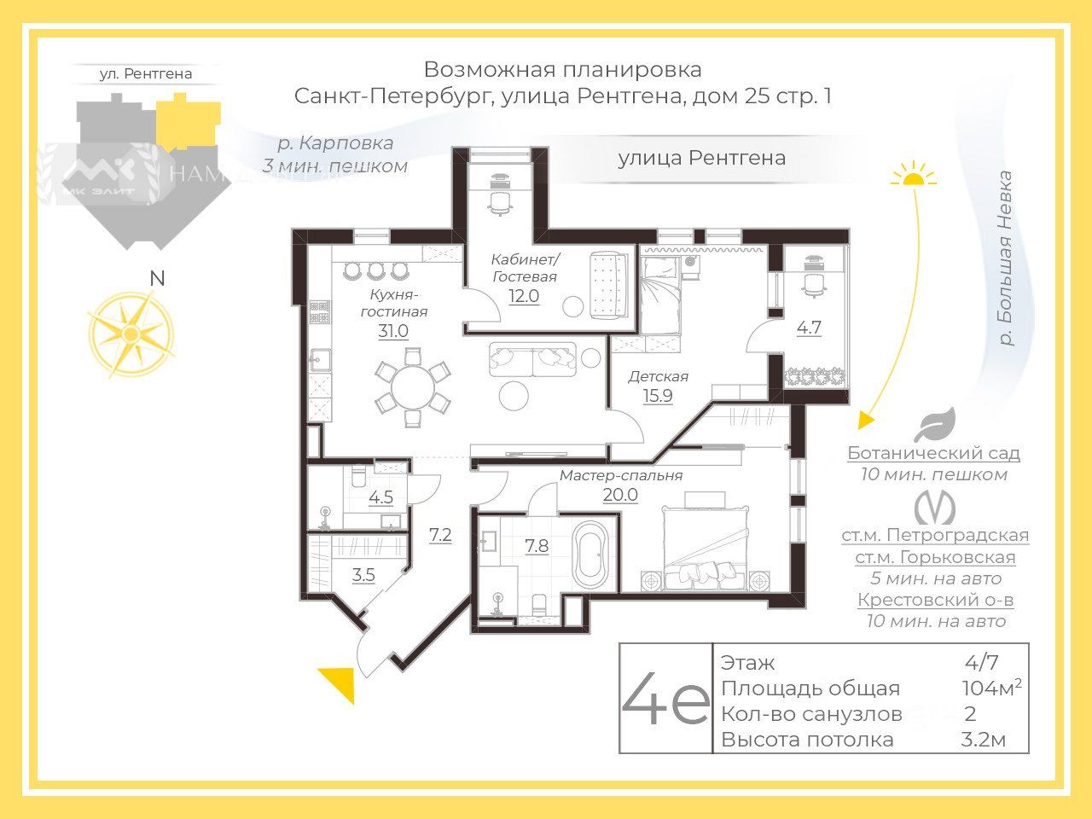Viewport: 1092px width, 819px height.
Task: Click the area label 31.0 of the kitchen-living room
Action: click(x=393, y=331)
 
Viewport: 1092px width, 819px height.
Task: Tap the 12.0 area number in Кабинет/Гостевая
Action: click(x=524, y=296)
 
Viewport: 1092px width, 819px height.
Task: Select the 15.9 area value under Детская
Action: click(x=657, y=395)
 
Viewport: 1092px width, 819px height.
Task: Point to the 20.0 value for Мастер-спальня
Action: click(x=620, y=495)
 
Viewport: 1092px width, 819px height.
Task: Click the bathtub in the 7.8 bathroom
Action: click(x=590, y=555)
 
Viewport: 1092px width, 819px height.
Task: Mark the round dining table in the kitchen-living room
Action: click(x=413, y=390)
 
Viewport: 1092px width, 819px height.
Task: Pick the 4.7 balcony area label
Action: click(x=809, y=327)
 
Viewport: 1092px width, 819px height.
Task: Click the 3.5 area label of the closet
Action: click(x=363, y=575)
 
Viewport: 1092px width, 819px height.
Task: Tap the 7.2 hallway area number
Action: click(x=440, y=536)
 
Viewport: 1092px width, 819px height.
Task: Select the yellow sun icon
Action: click(x=914, y=175)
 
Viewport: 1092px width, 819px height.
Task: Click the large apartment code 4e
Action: click(x=665, y=700)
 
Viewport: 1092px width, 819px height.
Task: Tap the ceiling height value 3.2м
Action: click(x=983, y=740)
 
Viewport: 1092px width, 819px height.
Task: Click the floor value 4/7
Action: click(x=982, y=663)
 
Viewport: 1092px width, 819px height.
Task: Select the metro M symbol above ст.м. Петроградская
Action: click(x=935, y=508)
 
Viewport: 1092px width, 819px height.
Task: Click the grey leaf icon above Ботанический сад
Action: click(x=934, y=425)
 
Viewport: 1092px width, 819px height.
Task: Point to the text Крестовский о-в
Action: click(x=935, y=600)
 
